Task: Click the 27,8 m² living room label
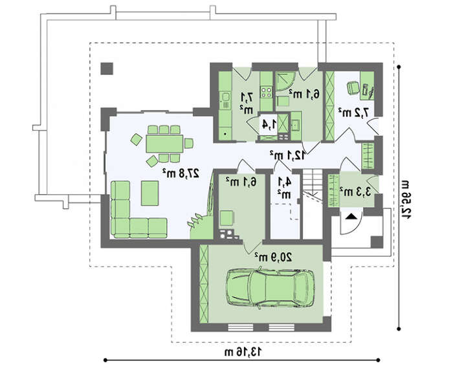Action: point(181,173)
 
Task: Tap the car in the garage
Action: point(270,289)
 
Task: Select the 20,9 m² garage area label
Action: point(274,257)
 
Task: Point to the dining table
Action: point(164,144)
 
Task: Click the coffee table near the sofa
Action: point(150,193)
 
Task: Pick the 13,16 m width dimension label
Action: point(243,352)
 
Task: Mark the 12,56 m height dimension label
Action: point(406,199)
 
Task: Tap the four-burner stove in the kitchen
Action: point(267,92)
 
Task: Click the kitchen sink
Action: point(225,97)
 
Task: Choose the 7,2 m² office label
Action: point(354,113)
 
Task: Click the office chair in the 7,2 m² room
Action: point(353,88)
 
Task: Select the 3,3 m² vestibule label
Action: point(355,191)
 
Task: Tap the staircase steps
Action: point(313,184)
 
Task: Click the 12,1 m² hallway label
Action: point(288,155)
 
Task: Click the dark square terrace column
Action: point(107,69)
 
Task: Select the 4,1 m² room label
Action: point(284,188)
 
